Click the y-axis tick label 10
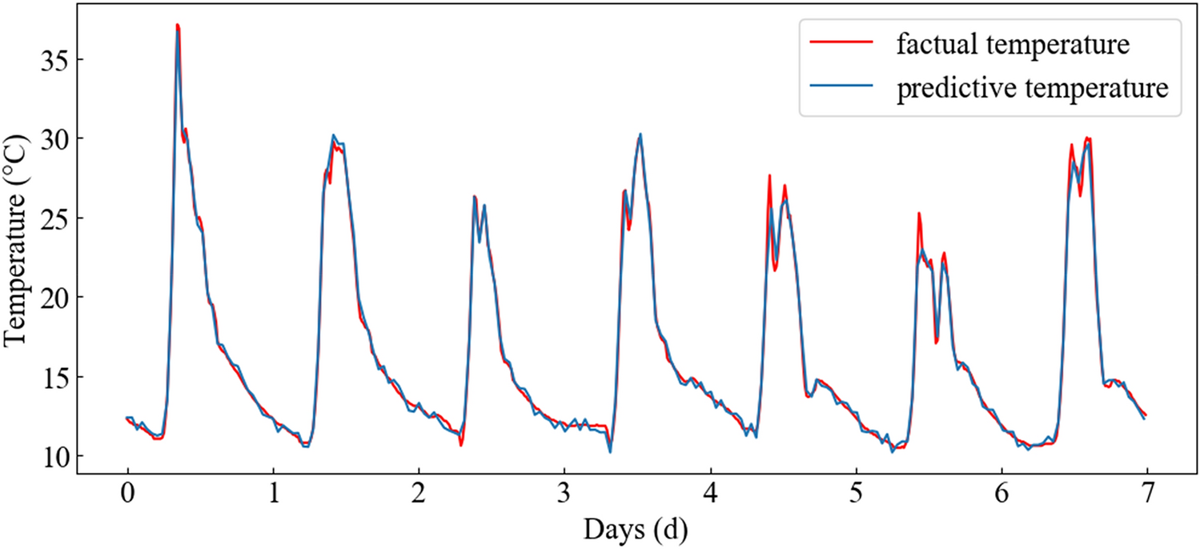[x=53, y=456]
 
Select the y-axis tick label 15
[x=53, y=377]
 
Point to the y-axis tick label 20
[x=53, y=298]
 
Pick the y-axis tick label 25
[x=53, y=218]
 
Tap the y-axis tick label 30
[x=53, y=139]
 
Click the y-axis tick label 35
[x=53, y=60]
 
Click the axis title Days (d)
[x=636, y=530]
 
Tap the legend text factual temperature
[x=1012, y=45]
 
